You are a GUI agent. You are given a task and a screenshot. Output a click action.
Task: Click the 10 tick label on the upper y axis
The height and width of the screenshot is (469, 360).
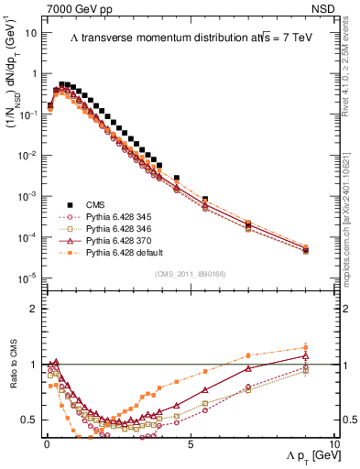pyautogui.click(x=31, y=33)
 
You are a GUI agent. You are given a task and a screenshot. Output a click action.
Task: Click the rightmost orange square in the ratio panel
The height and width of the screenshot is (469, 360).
pyautogui.click(x=305, y=347)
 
